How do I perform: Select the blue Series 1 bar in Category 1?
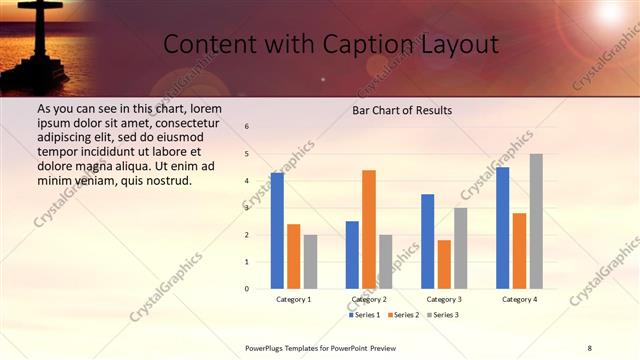pos(277,231)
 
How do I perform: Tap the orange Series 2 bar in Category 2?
pos(369,229)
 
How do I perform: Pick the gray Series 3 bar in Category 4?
pos(536,221)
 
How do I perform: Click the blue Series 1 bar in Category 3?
pos(428,241)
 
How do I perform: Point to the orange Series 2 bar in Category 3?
pos(444,264)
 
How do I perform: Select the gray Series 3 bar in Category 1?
pos(310,262)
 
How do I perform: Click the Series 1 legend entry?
pos(364,315)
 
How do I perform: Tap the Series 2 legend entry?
pos(402,315)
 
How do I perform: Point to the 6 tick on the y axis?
pos(247,127)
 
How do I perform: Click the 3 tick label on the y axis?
pos(247,208)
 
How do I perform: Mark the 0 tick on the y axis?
pos(247,289)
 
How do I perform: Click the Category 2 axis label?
pos(369,299)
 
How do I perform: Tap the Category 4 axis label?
pos(519,299)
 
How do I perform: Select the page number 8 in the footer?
pos(589,347)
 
